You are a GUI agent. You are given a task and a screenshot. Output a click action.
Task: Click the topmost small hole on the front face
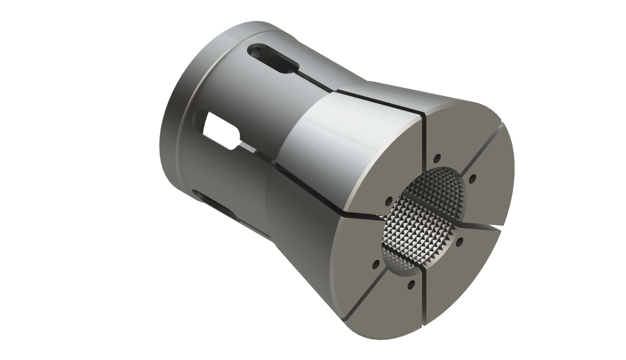(x=438, y=157)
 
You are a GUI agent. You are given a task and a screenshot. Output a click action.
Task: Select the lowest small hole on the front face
(x=411, y=284)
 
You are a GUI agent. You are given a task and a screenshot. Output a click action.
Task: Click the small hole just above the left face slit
(x=389, y=200)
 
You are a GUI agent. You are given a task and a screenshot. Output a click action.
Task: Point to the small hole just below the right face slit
(x=460, y=242)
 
